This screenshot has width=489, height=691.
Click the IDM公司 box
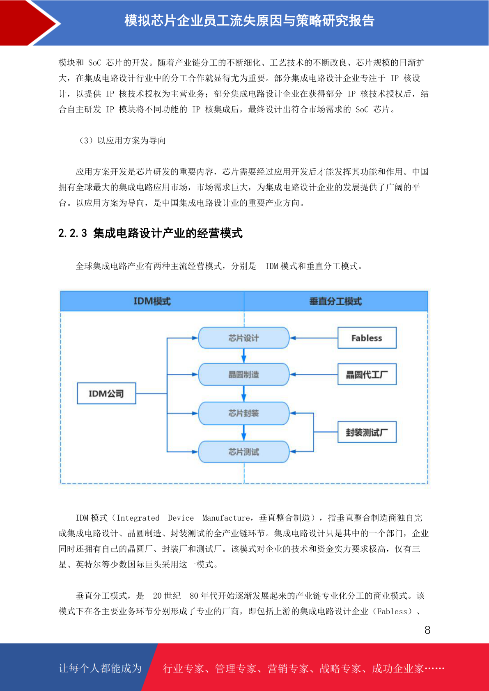106,394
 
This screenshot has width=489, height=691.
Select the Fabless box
367,338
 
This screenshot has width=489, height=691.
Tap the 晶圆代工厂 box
367,374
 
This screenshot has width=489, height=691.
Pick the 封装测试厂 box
367,432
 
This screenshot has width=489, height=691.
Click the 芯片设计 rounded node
243,338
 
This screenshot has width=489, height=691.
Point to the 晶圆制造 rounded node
243,375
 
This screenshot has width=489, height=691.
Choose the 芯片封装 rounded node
243,413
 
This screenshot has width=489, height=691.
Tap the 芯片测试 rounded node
243,452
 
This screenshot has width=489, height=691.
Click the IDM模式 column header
152,301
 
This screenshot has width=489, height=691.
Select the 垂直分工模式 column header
335,301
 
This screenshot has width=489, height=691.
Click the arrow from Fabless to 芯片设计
314,338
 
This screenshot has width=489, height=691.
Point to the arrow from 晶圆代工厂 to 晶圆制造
314,374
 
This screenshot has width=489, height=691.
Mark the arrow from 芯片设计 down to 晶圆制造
243,356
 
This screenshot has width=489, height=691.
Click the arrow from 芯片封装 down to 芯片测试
243,432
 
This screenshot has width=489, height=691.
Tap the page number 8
427,630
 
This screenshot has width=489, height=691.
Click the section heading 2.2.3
150,233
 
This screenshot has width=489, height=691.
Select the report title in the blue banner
250,21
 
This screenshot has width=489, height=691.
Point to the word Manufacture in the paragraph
226,518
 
